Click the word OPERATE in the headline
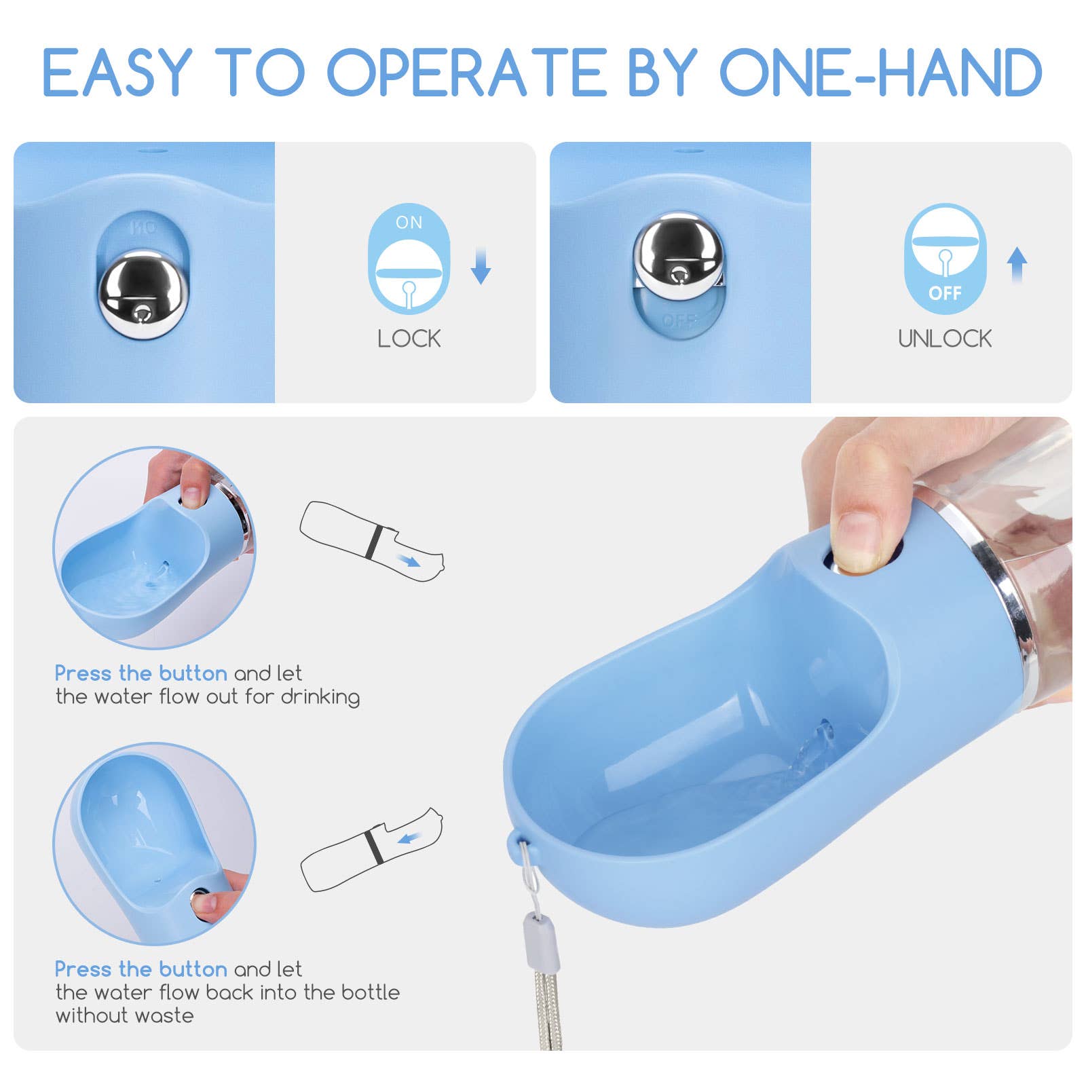(x=466, y=71)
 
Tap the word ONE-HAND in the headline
(x=880, y=71)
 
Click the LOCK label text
(x=409, y=338)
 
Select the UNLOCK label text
(x=945, y=338)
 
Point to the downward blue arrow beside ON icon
(x=481, y=265)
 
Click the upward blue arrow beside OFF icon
(x=1017, y=265)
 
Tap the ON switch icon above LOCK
(x=409, y=259)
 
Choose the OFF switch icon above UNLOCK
(x=945, y=259)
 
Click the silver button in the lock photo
(x=143, y=294)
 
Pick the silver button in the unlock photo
(x=679, y=255)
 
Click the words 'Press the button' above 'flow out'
(x=141, y=673)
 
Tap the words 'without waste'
(x=125, y=1015)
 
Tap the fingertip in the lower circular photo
(x=206, y=903)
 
